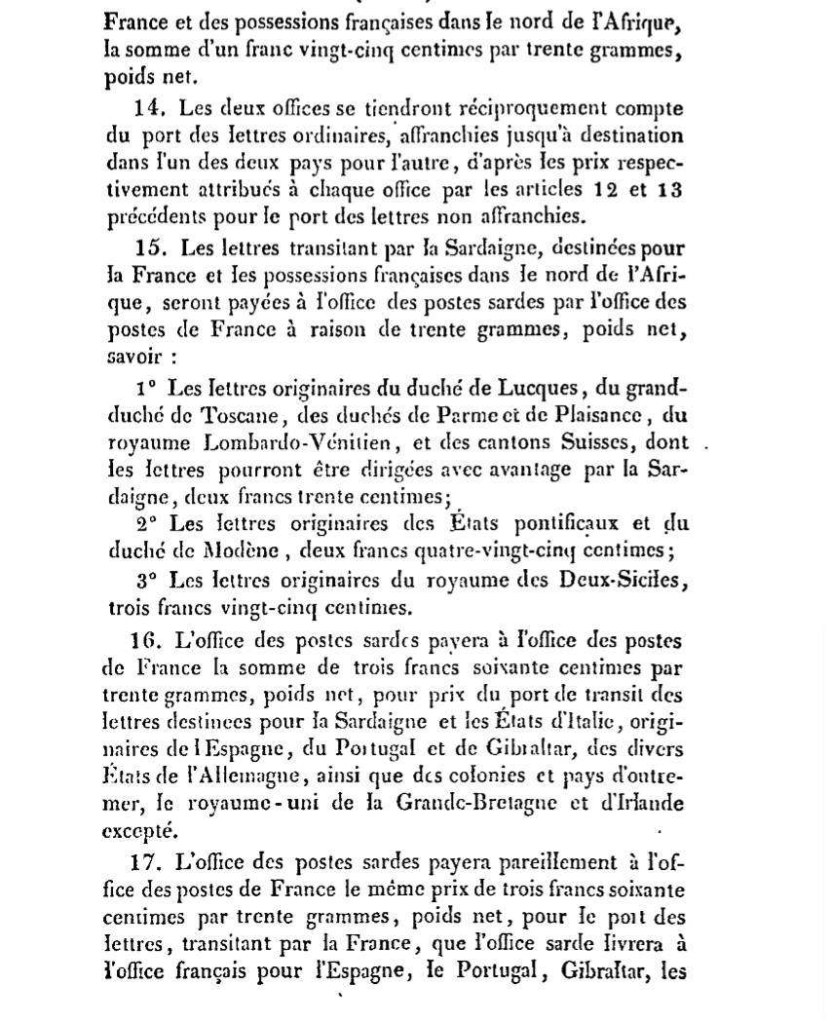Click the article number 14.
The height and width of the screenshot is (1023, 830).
(x=149, y=109)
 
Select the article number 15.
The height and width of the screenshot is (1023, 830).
(x=150, y=249)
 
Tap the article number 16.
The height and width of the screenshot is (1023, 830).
(x=145, y=641)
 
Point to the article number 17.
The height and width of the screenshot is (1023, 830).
(x=145, y=862)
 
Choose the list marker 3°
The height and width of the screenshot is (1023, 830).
(x=146, y=581)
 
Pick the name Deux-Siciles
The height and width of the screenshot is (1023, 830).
(x=614, y=581)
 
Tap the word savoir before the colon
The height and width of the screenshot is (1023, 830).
(x=133, y=357)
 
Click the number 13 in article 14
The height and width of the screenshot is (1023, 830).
(x=669, y=190)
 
